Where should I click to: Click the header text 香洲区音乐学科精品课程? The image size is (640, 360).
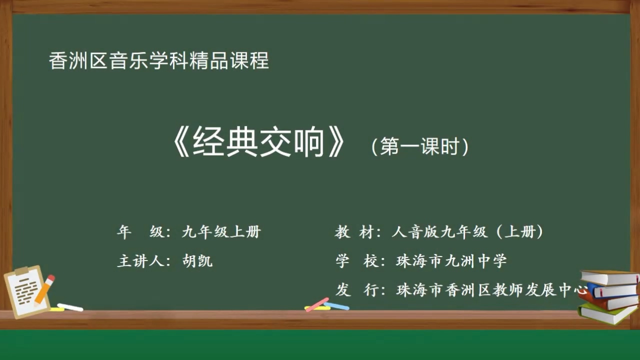(x=159, y=61)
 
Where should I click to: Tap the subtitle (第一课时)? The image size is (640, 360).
(x=419, y=146)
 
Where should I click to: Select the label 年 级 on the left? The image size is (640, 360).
(x=141, y=232)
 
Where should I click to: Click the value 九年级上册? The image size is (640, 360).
(x=221, y=232)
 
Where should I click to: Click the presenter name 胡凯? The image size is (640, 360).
(x=197, y=261)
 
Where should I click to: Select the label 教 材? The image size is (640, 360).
(x=356, y=232)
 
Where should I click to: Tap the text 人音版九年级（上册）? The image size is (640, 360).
(x=468, y=232)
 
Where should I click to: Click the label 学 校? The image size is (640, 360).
(x=356, y=261)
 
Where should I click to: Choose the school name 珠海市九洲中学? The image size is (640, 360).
(x=451, y=261)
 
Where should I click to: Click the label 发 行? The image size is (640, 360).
(x=356, y=290)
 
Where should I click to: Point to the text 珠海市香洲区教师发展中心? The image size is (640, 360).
(x=490, y=290)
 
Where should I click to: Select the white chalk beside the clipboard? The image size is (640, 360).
(x=70, y=307)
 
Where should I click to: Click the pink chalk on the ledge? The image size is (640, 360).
(x=317, y=304)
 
